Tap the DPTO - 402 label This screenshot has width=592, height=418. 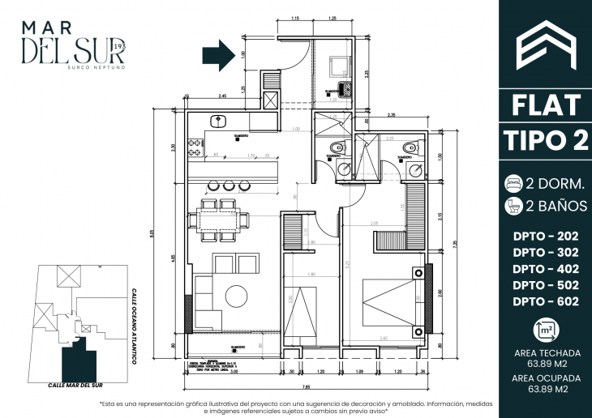coord(546,268)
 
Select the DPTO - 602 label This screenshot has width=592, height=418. coord(546,301)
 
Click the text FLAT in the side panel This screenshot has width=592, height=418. coord(546,105)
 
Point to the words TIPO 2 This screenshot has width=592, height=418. coord(546,139)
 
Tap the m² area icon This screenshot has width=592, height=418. coord(546,329)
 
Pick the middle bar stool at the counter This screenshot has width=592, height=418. coord(230,186)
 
